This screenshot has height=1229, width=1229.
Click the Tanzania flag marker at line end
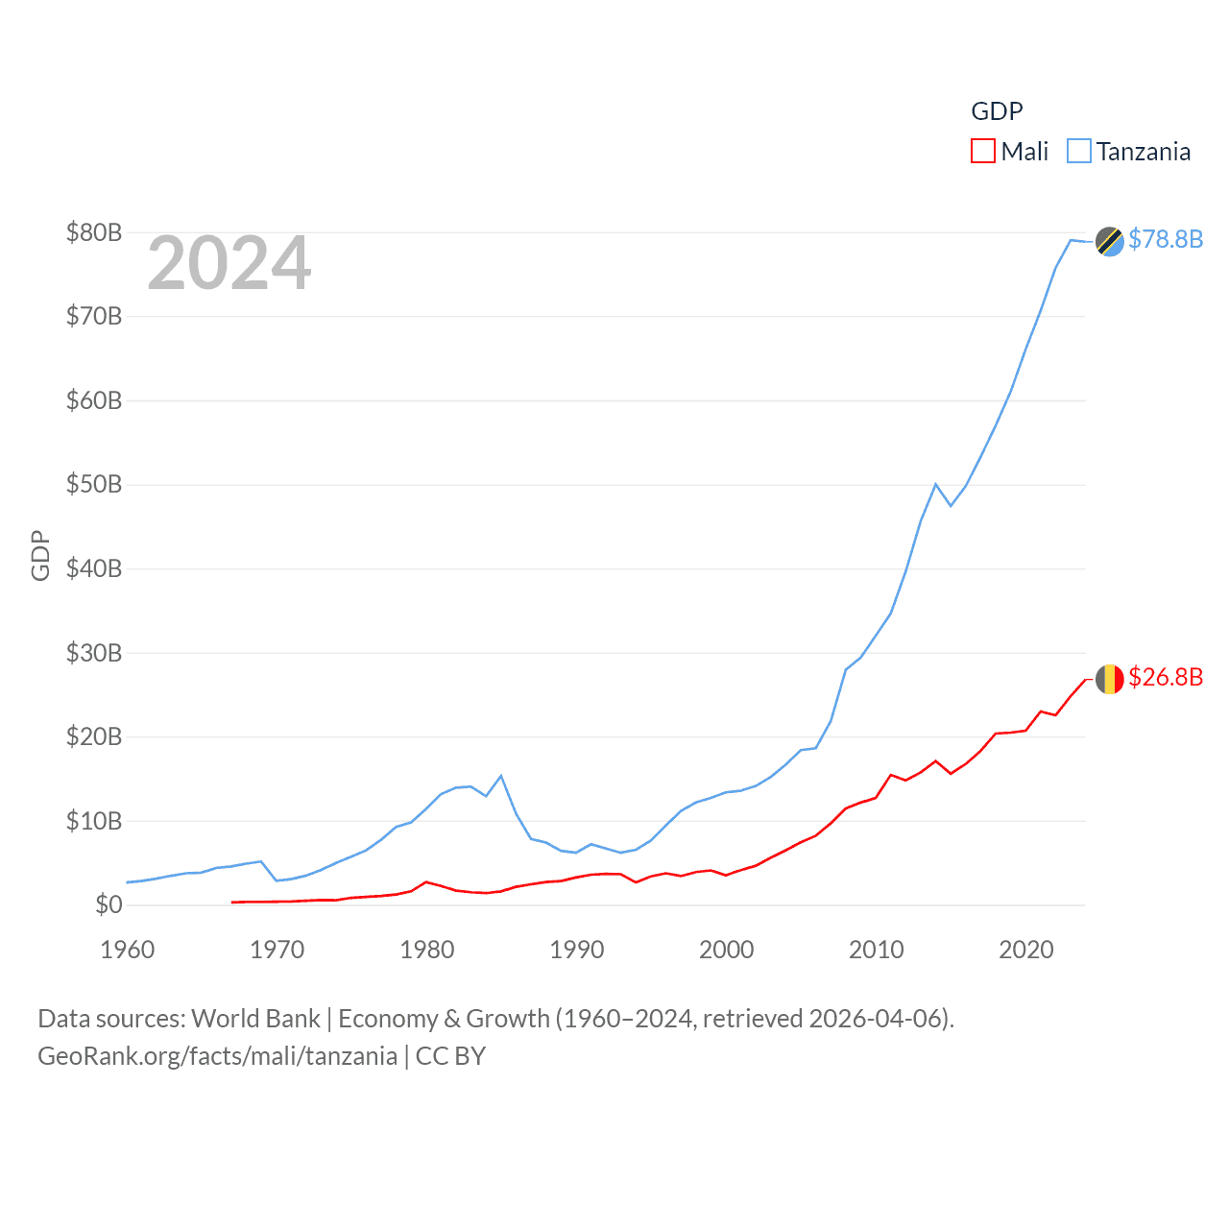point(1109,241)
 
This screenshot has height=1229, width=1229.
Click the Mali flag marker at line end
point(1109,679)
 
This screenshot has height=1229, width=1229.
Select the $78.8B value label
point(1166,239)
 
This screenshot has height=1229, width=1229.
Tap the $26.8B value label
point(1166,677)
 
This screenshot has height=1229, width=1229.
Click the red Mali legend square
point(983,152)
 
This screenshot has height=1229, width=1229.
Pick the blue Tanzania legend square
point(1079,152)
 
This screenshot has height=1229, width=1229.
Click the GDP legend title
point(997,111)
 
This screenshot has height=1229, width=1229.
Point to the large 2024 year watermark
point(229,263)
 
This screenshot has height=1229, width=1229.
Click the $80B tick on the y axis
point(94,232)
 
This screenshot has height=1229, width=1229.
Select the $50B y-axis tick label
point(94,484)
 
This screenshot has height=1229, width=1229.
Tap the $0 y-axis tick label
point(108,904)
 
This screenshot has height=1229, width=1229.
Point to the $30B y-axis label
point(94,653)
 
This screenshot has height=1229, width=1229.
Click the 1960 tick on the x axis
point(128,950)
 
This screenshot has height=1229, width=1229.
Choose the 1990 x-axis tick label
point(577,950)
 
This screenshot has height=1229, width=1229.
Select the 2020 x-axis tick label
point(1026,950)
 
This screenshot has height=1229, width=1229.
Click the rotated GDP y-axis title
point(40,555)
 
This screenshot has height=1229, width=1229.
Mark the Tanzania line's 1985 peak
point(501,776)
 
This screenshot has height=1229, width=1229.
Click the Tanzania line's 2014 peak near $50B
point(936,484)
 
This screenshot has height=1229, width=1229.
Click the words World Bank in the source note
point(255,1019)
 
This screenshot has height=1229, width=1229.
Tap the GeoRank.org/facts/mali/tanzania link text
point(217,1056)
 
